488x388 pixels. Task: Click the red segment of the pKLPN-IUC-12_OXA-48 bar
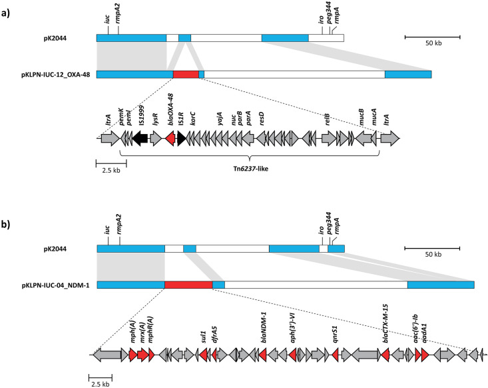click(186, 74)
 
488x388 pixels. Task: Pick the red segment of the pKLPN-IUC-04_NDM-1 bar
click(188, 285)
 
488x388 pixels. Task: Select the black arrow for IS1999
click(140, 138)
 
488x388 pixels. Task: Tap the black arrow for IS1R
click(181, 138)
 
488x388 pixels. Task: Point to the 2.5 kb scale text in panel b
click(101, 385)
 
